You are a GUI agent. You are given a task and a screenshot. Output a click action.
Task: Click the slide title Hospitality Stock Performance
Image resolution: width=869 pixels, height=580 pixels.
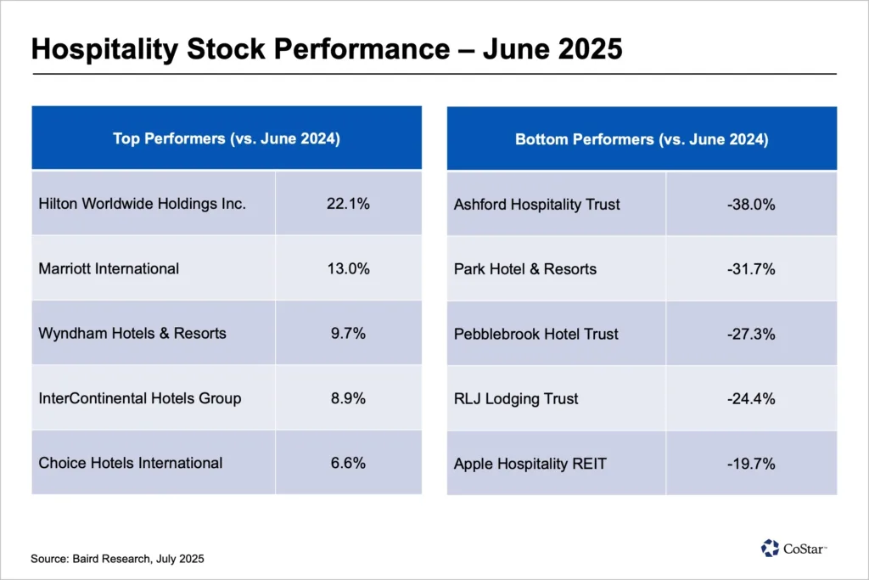click(x=327, y=48)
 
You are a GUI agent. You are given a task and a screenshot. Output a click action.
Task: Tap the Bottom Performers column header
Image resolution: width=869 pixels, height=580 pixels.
click(x=642, y=139)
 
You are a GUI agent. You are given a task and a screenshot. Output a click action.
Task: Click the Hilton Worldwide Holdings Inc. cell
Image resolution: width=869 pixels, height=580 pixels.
click(x=143, y=204)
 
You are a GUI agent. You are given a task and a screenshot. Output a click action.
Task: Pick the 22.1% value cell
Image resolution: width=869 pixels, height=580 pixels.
click(x=348, y=204)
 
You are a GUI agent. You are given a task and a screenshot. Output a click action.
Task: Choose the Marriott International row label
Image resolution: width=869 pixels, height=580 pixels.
click(x=109, y=268)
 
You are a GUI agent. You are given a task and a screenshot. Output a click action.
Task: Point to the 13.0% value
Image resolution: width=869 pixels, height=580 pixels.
click(x=348, y=268)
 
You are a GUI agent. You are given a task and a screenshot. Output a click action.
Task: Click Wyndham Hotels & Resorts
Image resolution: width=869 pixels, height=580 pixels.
click(x=132, y=333)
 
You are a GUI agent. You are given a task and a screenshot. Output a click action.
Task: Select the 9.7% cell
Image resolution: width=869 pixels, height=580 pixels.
click(x=348, y=333)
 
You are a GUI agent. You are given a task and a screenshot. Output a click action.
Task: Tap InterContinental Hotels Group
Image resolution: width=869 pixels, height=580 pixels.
click(x=140, y=398)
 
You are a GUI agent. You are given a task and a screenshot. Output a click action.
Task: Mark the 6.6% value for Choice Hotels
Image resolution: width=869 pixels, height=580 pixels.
click(x=348, y=463)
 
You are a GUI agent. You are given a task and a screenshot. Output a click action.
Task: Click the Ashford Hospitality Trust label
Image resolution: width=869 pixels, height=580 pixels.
click(x=537, y=205)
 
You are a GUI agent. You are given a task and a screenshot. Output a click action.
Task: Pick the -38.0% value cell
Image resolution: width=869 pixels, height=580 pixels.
click(x=751, y=205)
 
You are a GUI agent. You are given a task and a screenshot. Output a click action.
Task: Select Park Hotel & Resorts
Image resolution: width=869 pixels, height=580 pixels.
click(x=525, y=269)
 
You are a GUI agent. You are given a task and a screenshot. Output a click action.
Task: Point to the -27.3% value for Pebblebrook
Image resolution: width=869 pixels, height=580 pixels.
click(x=751, y=334)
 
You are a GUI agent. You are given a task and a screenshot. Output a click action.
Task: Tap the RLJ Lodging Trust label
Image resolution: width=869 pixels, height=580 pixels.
click(x=516, y=398)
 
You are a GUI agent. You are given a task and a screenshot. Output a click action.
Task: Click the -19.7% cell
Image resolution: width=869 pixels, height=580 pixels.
click(x=751, y=464)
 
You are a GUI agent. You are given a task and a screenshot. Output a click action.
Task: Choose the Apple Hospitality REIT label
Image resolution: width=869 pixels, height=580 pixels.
click(x=530, y=464)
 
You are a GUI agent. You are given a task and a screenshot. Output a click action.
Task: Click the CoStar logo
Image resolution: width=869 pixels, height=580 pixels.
click(x=794, y=548)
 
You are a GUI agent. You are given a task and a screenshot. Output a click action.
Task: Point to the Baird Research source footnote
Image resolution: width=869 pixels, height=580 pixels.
click(x=117, y=559)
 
